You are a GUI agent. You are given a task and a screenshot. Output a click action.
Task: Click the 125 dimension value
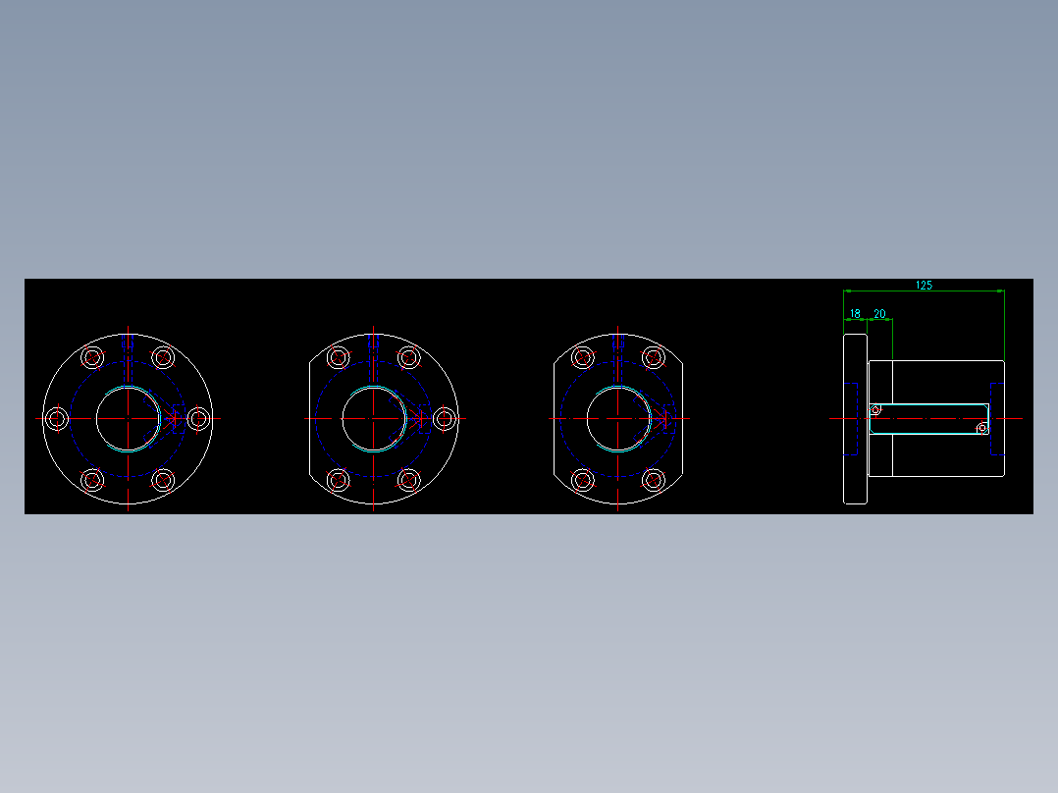924,286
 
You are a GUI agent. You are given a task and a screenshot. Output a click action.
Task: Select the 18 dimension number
856,314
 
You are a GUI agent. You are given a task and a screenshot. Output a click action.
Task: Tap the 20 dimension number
879,314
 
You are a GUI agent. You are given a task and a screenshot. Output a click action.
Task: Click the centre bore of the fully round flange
129,418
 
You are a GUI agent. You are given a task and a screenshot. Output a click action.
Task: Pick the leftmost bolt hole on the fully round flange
57,419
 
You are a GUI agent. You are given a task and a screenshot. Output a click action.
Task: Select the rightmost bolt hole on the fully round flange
199,419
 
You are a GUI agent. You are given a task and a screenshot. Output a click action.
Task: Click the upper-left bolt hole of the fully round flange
92,357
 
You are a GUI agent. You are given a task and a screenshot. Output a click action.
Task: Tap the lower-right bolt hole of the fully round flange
164,480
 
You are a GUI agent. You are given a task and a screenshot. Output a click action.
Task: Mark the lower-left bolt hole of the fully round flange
92,480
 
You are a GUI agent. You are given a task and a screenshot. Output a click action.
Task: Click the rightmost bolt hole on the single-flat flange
445,419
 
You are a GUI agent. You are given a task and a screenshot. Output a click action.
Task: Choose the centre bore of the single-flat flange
374,418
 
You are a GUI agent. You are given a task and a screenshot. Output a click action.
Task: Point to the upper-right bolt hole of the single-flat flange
409,357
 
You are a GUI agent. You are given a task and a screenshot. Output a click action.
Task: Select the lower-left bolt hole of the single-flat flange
338,480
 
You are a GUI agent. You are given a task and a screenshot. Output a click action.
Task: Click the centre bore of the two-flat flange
618,418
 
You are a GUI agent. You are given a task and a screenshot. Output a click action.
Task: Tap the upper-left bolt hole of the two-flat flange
583,357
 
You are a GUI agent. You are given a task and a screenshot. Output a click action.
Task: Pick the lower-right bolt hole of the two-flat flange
654,480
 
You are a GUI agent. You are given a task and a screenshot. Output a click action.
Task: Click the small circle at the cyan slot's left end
875,409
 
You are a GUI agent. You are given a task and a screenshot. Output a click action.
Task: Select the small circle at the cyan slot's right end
981,428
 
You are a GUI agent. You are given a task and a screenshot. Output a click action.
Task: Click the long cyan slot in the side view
927,404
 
